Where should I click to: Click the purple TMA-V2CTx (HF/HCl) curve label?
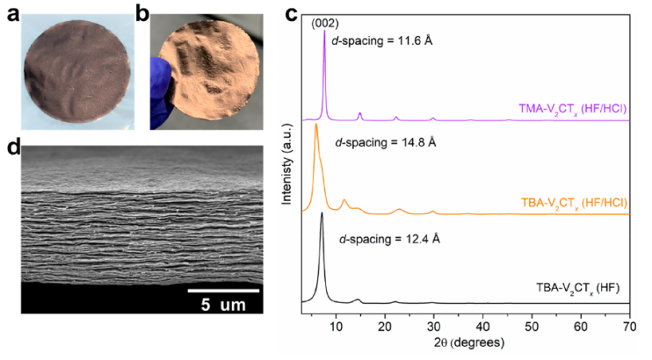(x=569, y=110)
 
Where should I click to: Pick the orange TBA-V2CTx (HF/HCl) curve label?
(x=569, y=202)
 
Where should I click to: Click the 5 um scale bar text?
(x=223, y=306)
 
